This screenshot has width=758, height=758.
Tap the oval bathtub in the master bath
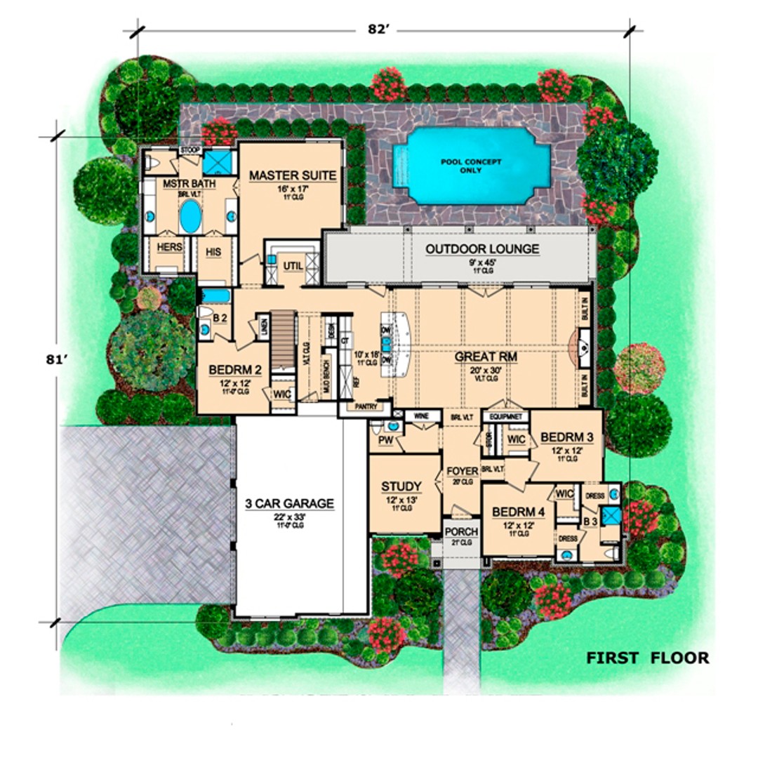click(x=190, y=217)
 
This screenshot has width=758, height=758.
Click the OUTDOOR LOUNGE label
click(x=482, y=249)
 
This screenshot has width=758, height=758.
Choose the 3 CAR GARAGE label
click(x=289, y=503)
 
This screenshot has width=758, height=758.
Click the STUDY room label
click(x=401, y=486)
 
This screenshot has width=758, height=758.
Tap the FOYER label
click(x=462, y=470)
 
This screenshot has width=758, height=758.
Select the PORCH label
click(x=462, y=531)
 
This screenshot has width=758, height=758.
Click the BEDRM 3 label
click(x=567, y=437)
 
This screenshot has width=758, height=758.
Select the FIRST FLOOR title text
click(x=648, y=658)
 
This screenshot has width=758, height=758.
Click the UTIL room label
click(x=293, y=266)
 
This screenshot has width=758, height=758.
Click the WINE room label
click(x=421, y=416)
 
